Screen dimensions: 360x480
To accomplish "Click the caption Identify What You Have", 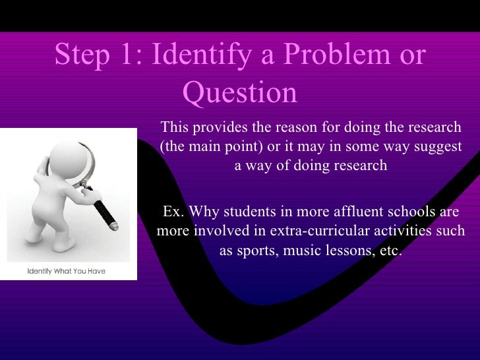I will pos(66,271).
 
